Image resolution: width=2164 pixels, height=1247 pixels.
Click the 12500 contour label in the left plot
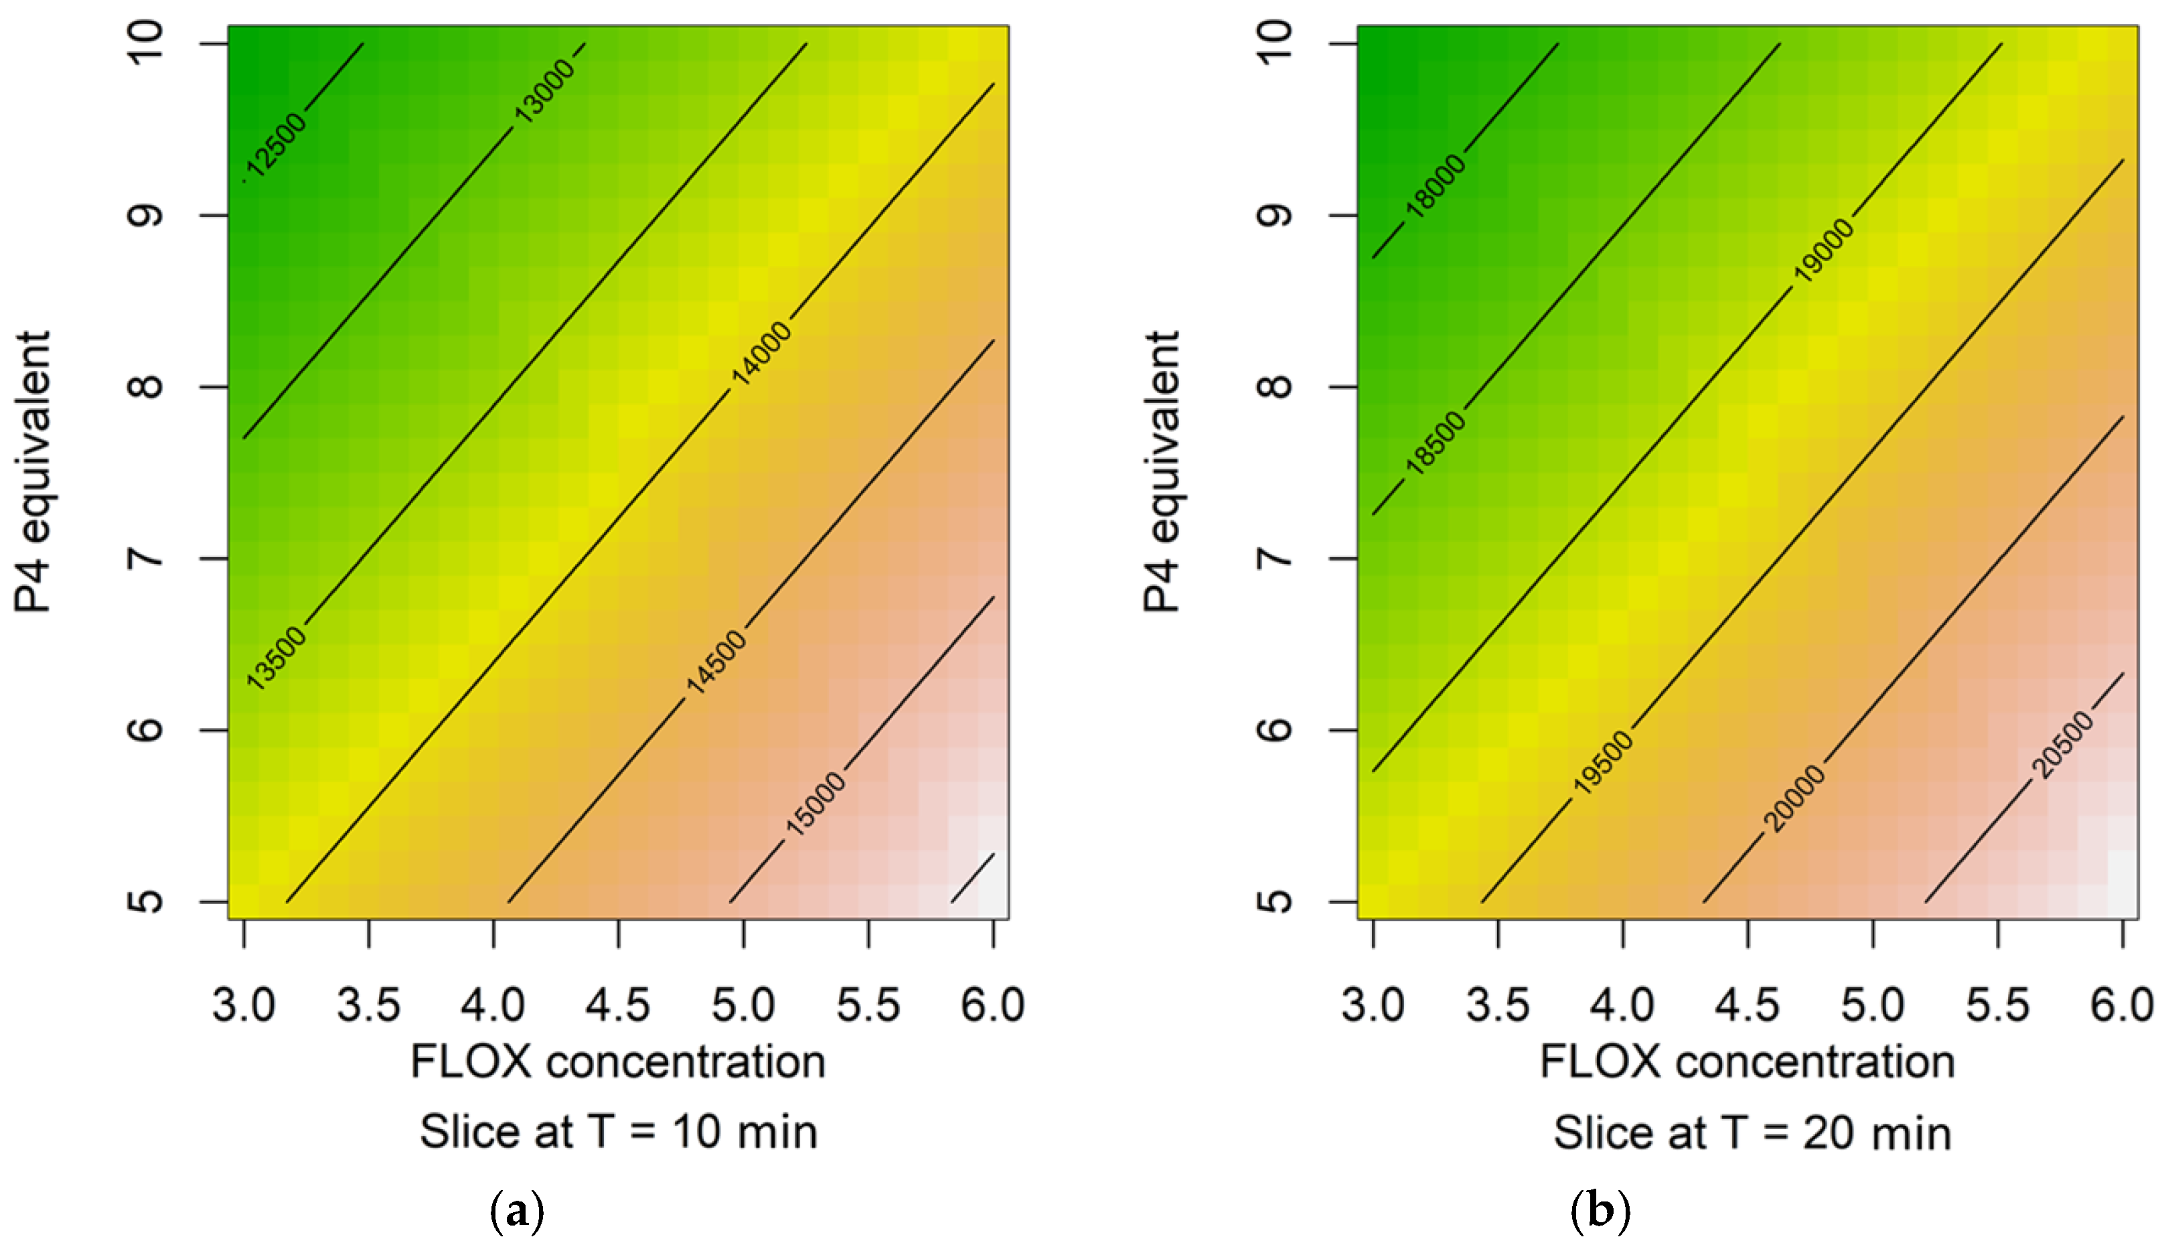pyautogui.click(x=277, y=143)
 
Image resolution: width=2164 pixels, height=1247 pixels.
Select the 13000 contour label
pyautogui.click(x=545, y=91)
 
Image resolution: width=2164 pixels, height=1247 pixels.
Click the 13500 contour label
pyautogui.click(x=276, y=658)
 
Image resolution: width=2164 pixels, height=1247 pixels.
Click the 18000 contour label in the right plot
pyautogui.click(x=1436, y=186)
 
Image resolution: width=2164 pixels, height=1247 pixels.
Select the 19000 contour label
pyautogui.click(x=1823, y=250)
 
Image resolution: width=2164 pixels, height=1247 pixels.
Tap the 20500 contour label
pyautogui.click(x=2063, y=745)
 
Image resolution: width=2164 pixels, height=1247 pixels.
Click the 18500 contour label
pyautogui.click(x=1436, y=443)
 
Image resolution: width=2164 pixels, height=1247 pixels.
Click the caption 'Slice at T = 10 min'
pyautogui.click(x=618, y=1132)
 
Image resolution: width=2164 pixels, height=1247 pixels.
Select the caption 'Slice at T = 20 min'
pyautogui.click(x=1752, y=1133)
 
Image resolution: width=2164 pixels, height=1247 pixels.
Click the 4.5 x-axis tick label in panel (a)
pyautogui.click(x=618, y=1005)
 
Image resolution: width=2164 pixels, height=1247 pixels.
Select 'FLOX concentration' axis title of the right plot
pyautogui.click(x=1746, y=1063)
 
